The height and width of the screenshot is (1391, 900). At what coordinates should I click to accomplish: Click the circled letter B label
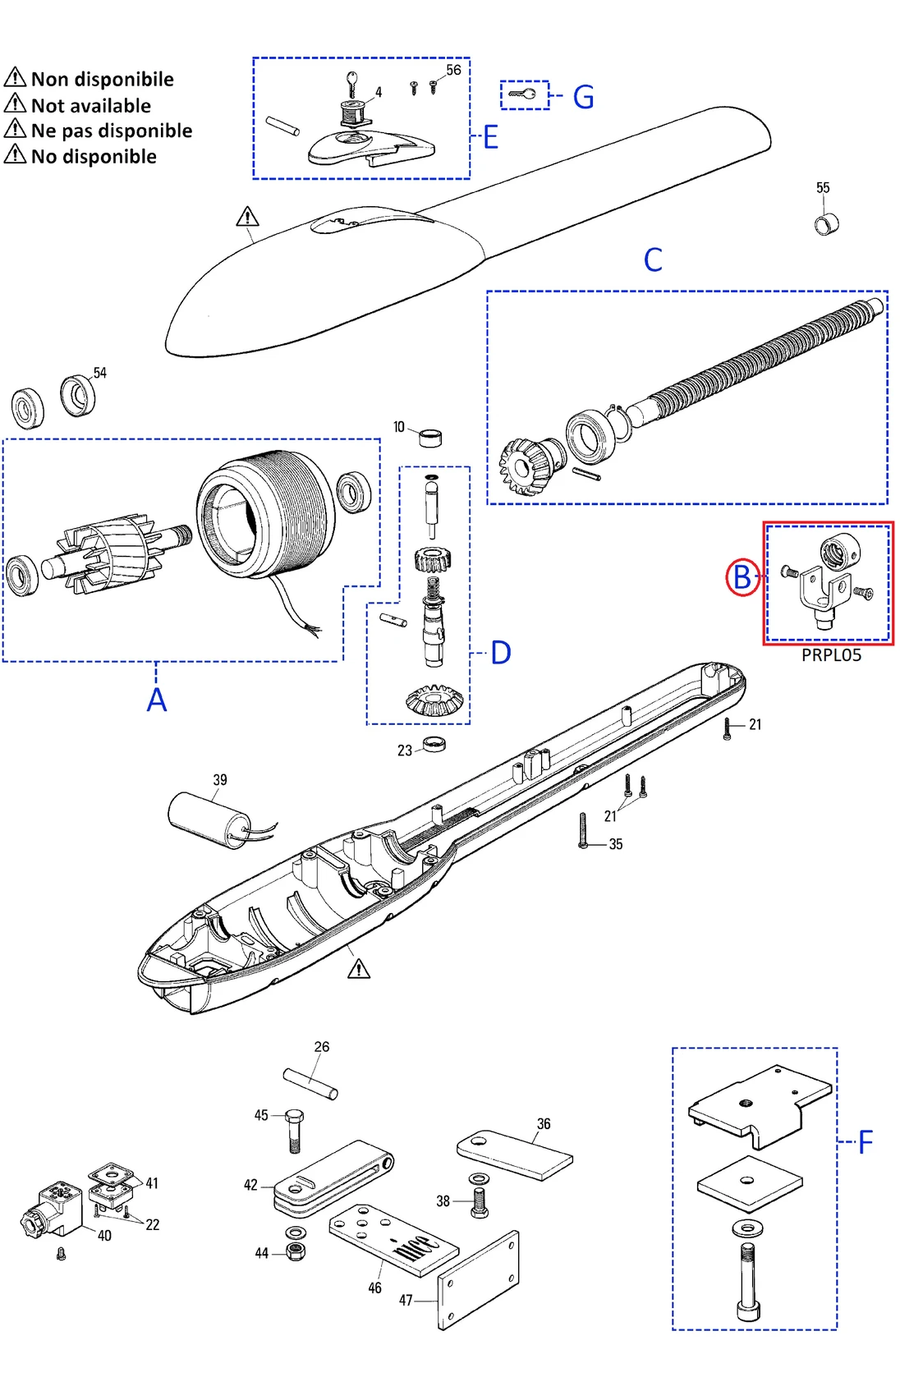click(742, 577)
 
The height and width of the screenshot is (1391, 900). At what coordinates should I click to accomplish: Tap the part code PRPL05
click(831, 654)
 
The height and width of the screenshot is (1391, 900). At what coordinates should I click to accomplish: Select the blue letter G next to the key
click(583, 97)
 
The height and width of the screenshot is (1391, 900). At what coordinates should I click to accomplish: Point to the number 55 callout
click(823, 188)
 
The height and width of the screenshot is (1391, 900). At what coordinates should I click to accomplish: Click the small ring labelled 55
click(826, 223)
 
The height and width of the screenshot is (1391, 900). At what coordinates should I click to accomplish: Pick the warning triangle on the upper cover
click(247, 218)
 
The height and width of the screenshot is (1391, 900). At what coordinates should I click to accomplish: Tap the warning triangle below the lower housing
click(359, 970)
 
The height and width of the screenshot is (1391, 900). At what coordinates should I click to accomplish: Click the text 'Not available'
click(90, 106)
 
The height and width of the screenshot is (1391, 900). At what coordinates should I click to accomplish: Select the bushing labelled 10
click(430, 437)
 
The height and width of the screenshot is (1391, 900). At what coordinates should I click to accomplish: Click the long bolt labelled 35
click(583, 831)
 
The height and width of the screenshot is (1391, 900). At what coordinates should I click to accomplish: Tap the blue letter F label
click(865, 1142)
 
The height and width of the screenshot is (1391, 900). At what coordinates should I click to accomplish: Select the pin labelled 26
click(310, 1083)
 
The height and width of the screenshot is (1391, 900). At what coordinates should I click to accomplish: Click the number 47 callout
click(406, 1301)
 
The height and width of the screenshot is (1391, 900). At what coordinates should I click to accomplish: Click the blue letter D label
click(500, 654)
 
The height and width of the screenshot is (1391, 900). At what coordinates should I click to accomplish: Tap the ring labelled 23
click(434, 744)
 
